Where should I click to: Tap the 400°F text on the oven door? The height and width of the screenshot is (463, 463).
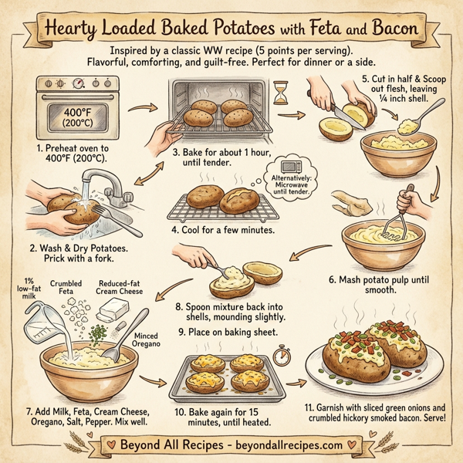[67, 112]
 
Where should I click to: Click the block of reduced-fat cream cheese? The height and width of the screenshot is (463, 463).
[117, 309]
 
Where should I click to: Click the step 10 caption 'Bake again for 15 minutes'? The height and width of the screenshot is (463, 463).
[228, 417]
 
